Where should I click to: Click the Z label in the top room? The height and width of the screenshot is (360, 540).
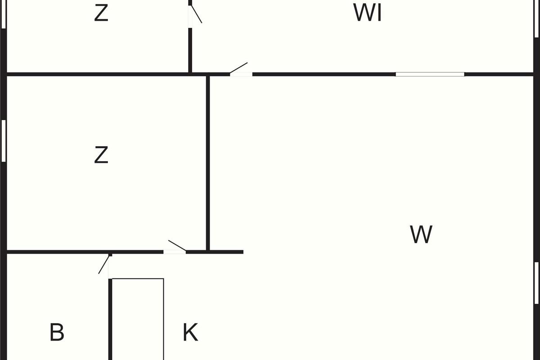pyautogui.click(x=101, y=13)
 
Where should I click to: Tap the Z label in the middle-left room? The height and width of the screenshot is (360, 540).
pyautogui.click(x=101, y=155)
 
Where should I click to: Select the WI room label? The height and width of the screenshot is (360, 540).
pyautogui.click(x=368, y=13)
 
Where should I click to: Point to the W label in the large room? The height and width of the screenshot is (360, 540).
pyautogui.click(x=421, y=234)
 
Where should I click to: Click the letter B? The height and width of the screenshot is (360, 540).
pyautogui.click(x=57, y=333)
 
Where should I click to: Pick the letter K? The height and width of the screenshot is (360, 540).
pyautogui.click(x=190, y=333)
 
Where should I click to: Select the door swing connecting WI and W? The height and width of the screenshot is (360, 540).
pyautogui.click(x=239, y=68)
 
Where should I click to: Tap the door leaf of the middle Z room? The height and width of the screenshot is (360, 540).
pyautogui.click(x=177, y=246)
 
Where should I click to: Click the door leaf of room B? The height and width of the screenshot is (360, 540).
pyautogui.click(x=104, y=264)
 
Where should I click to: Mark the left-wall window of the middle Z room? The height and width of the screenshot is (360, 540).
pyautogui.click(x=4, y=140)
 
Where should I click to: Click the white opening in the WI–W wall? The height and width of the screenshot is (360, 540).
pyautogui.click(x=430, y=74)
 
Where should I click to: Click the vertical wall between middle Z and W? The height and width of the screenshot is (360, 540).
pyautogui.click(x=208, y=162)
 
